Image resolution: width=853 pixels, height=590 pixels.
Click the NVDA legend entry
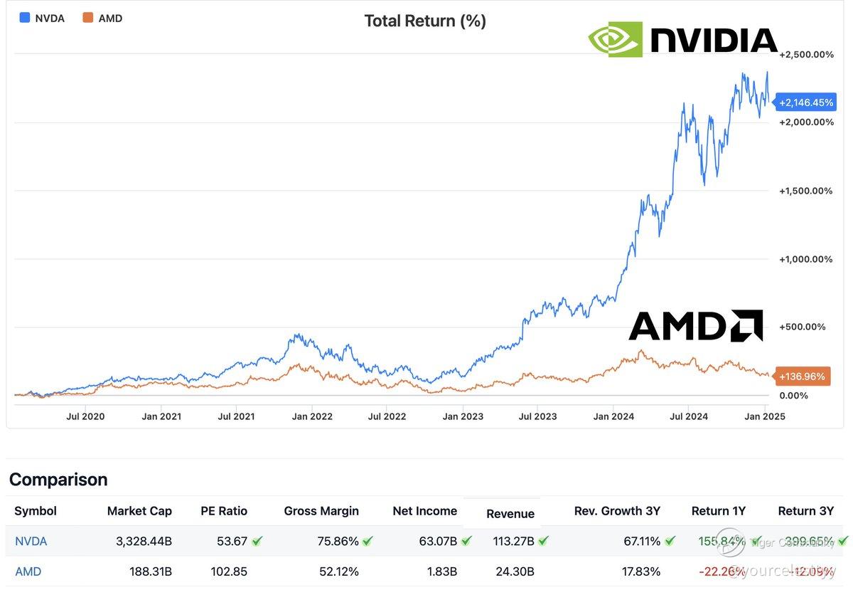point(43,19)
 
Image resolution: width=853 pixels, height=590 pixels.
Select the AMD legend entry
point(103,19)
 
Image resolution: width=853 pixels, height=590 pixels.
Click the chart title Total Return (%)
point(425,21)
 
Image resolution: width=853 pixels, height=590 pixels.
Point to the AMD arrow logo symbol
point(746,325)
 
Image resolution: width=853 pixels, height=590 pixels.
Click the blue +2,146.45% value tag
point(806,102)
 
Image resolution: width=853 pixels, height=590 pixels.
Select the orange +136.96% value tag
point(802,376)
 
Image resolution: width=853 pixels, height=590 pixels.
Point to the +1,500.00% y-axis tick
point(806,191)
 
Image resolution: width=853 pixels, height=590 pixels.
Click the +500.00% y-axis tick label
point(803,327)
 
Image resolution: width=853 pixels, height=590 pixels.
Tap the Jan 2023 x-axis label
point(463,416)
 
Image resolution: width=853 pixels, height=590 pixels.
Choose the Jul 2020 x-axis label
point(85,416)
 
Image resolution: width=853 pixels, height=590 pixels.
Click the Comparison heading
point(58,480)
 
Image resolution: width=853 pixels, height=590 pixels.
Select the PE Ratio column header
point(224,511)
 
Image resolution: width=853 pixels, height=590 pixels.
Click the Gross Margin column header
point(321,511)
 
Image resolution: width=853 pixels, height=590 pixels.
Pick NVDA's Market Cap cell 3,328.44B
point(144,542)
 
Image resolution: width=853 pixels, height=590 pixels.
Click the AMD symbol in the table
point(28,571)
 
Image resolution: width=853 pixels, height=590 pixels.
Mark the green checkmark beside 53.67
point(257,542)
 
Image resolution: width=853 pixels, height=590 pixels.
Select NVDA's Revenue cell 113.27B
point(513,542)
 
